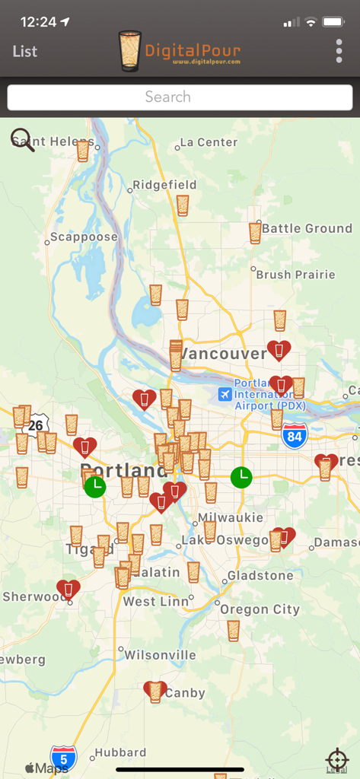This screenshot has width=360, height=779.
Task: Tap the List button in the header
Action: coord(25,52)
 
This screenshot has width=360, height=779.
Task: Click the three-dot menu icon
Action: coord(339,51)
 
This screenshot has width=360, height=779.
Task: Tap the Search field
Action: coord(180,97)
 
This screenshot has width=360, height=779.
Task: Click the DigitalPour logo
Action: coord(180,51)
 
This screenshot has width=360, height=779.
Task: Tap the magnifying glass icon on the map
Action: coord(22,140)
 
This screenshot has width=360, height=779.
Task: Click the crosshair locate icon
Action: coord(336,759)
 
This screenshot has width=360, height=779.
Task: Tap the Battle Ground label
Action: coord(307,228)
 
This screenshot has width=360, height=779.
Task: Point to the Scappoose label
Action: coord(84,237)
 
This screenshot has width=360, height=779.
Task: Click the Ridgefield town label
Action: coord(164,185)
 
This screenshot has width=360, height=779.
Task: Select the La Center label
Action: coord(207,142)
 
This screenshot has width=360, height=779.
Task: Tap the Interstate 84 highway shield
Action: coord(294,436)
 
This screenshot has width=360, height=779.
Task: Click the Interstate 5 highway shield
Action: coord(64,758)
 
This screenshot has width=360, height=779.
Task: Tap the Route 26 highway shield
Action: coord(36,425)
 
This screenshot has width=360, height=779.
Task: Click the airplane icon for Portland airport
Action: coord(225,394)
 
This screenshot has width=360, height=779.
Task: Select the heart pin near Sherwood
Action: coord(68,590)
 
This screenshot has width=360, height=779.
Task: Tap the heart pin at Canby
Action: coord(155,691)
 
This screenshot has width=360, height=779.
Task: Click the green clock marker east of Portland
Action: coord(241,477)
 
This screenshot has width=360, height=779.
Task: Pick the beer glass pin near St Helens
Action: coord(83,151)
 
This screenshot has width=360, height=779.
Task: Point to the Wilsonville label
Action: coord(160,655)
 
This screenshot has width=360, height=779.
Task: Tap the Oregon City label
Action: coord(260,609)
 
